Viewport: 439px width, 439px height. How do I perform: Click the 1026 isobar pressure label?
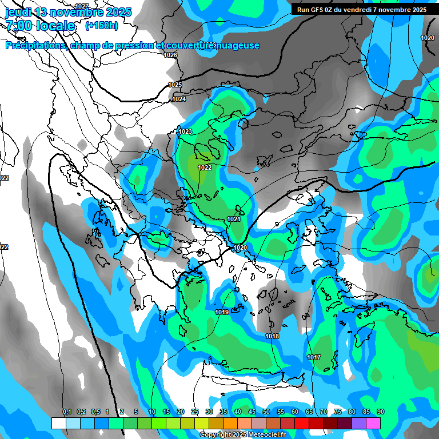coord(170,55)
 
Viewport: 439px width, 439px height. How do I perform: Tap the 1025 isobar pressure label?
coord(175,85)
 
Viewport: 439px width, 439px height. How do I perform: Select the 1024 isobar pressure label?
coord(179,99)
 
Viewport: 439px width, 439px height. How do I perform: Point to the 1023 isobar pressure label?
coord(185,131)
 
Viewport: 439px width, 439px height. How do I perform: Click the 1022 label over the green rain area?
coord(205,167)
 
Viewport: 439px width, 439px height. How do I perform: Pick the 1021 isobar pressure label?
coord(233,219)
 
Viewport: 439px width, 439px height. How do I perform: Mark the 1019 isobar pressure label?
coord(222,312)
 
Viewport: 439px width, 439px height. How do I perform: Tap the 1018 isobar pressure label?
coord(272,336)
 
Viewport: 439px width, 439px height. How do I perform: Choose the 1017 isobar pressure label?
coord(313,357)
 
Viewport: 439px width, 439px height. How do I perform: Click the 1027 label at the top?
coord(82,6)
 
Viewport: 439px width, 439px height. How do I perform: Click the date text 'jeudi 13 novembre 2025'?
coord(68,12)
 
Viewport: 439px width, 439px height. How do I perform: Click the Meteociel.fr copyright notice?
coord(242,434)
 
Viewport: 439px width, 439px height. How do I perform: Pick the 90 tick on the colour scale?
coord(381,412)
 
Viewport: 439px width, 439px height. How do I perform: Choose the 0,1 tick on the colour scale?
coord(66,412)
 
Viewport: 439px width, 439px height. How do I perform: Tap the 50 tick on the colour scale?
coord(266,412)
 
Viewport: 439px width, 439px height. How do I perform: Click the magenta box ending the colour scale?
coord(373,423)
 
